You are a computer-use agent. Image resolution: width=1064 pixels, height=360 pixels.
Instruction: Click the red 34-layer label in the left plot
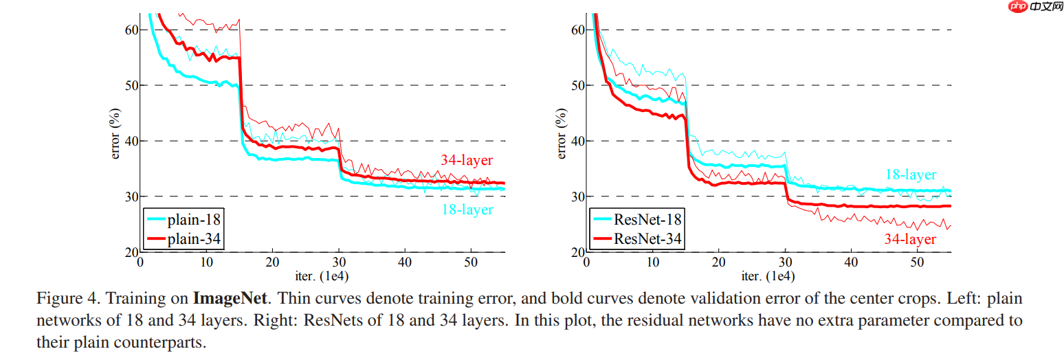tap(467, 161)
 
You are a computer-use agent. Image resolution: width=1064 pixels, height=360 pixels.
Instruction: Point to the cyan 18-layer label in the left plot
tap(467, 210)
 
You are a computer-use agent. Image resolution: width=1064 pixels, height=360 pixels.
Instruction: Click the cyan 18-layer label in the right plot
tap(910, 175)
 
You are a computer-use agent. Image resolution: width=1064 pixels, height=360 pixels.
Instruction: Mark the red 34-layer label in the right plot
tap(910, 239)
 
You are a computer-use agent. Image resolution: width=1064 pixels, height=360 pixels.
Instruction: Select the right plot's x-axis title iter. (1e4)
tap(769, 276)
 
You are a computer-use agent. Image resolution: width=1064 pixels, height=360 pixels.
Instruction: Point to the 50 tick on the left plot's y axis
tap(131, 85)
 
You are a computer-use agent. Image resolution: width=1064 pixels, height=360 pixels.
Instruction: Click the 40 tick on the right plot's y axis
tap(577, 141)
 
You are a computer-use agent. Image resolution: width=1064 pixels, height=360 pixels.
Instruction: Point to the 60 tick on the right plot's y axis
tap(577, 30)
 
